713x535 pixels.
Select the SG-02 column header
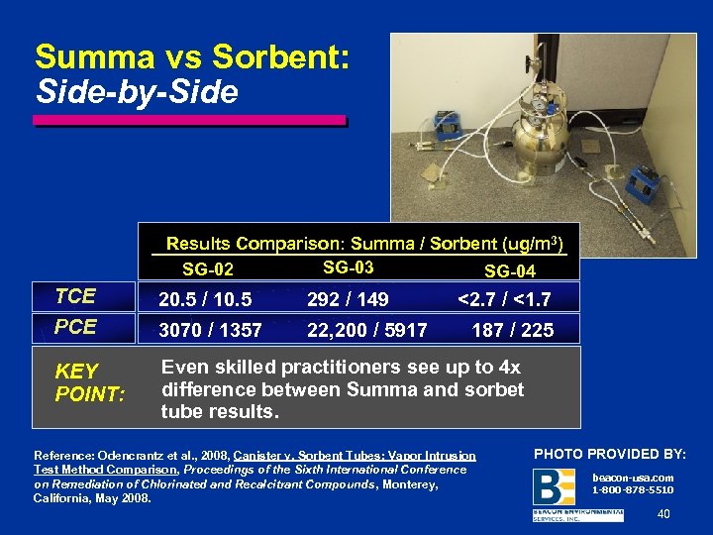[x=208, y=269]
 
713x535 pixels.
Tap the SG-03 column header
[x=348, y=267]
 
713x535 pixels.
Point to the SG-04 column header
[x=510, y=270]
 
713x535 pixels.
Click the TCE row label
[x=75, y=295]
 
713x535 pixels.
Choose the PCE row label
[x=75, y=326]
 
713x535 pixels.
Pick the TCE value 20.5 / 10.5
[x=206, y=298]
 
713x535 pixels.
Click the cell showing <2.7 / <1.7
[x=504, y=298]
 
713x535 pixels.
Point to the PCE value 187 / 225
[x=512, y=330]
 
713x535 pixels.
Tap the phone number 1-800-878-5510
[x=632, y=489]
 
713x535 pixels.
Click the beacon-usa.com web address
[x=632, y=477]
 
